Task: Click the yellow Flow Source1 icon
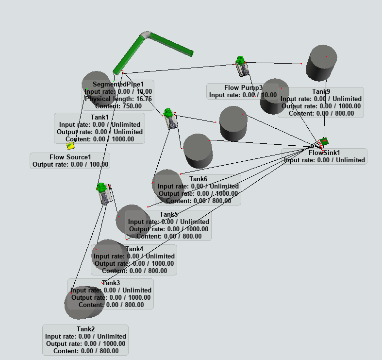click(71, 145)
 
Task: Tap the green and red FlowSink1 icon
click(324, 141)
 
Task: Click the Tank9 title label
click(321, 91)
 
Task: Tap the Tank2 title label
click(85, 329)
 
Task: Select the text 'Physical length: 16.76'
click(118, 99)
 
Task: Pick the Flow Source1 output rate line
click(70, 165)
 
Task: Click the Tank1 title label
click(100, 117)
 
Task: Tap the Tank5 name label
click(168, 214)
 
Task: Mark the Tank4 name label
click(134, 249)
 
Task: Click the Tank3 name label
click(111, 283)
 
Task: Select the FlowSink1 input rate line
click(324, 160)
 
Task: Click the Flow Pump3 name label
click(243, 87)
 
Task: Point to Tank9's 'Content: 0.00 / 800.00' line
click(321, 113)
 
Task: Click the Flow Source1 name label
click(70, 157)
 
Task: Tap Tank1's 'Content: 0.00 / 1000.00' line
click(100, 139)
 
